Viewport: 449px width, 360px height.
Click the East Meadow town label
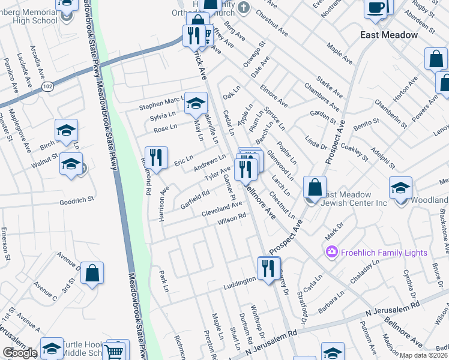click(x=389, y=35)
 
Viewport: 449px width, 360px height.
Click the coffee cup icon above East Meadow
click(x=376, y=8)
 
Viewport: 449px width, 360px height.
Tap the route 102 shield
click(x=46, y=88)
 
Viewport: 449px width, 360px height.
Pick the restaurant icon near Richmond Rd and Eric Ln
click(x=156, y=158)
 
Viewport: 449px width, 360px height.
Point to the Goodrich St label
click(x=77, y=200)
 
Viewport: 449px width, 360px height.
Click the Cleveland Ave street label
click(x=221, y=209)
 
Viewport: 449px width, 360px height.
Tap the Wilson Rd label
click(x=232, y=220)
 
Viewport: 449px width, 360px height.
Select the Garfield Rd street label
click(x=194, y=199)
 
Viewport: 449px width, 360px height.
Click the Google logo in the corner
click(x=20, y=353)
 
